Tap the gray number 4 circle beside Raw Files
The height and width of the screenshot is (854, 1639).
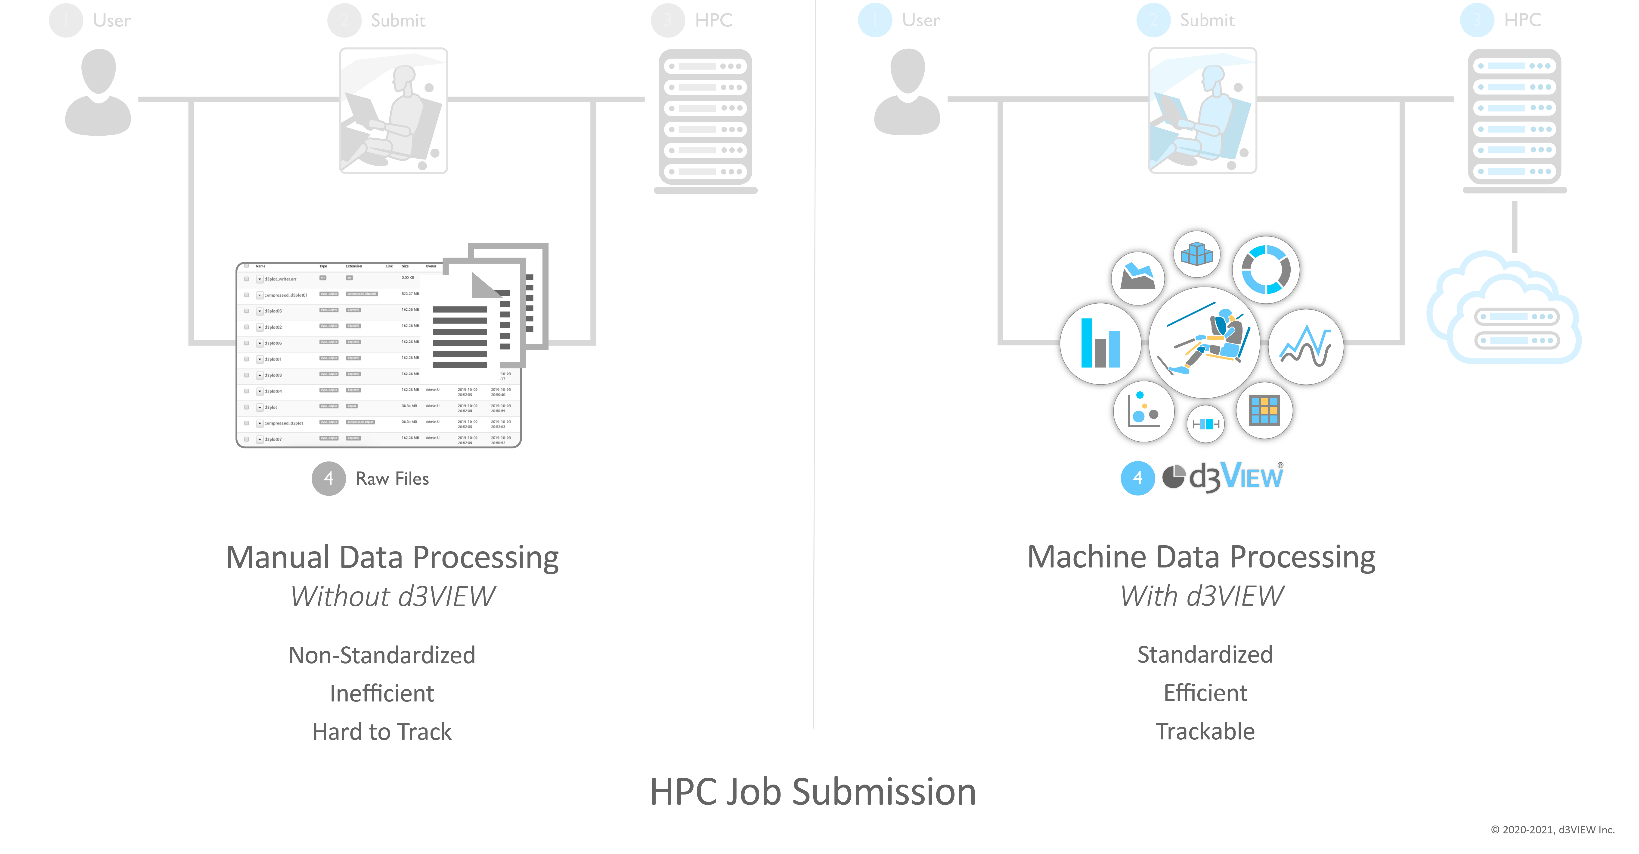coord(328,479)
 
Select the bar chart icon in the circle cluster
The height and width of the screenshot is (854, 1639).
coord(1100,344)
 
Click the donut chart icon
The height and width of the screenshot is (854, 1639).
coord(1266,270)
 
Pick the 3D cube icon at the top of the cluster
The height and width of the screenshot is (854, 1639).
coord(1197,254)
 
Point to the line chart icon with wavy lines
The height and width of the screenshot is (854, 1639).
coord(1306,347)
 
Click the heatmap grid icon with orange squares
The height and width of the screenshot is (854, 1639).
coord(1264,411)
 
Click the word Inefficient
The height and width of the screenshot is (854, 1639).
coord(382,693)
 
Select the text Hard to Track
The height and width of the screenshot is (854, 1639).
coord(382,732)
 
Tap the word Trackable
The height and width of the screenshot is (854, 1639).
coord(1205,731)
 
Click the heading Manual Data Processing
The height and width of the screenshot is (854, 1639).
coord(393,558)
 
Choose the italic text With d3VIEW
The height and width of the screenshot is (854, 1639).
coord(1202,596)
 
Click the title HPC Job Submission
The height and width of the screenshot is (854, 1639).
coord(812,792)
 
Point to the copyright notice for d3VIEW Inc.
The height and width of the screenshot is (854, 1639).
coord(1552,830)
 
